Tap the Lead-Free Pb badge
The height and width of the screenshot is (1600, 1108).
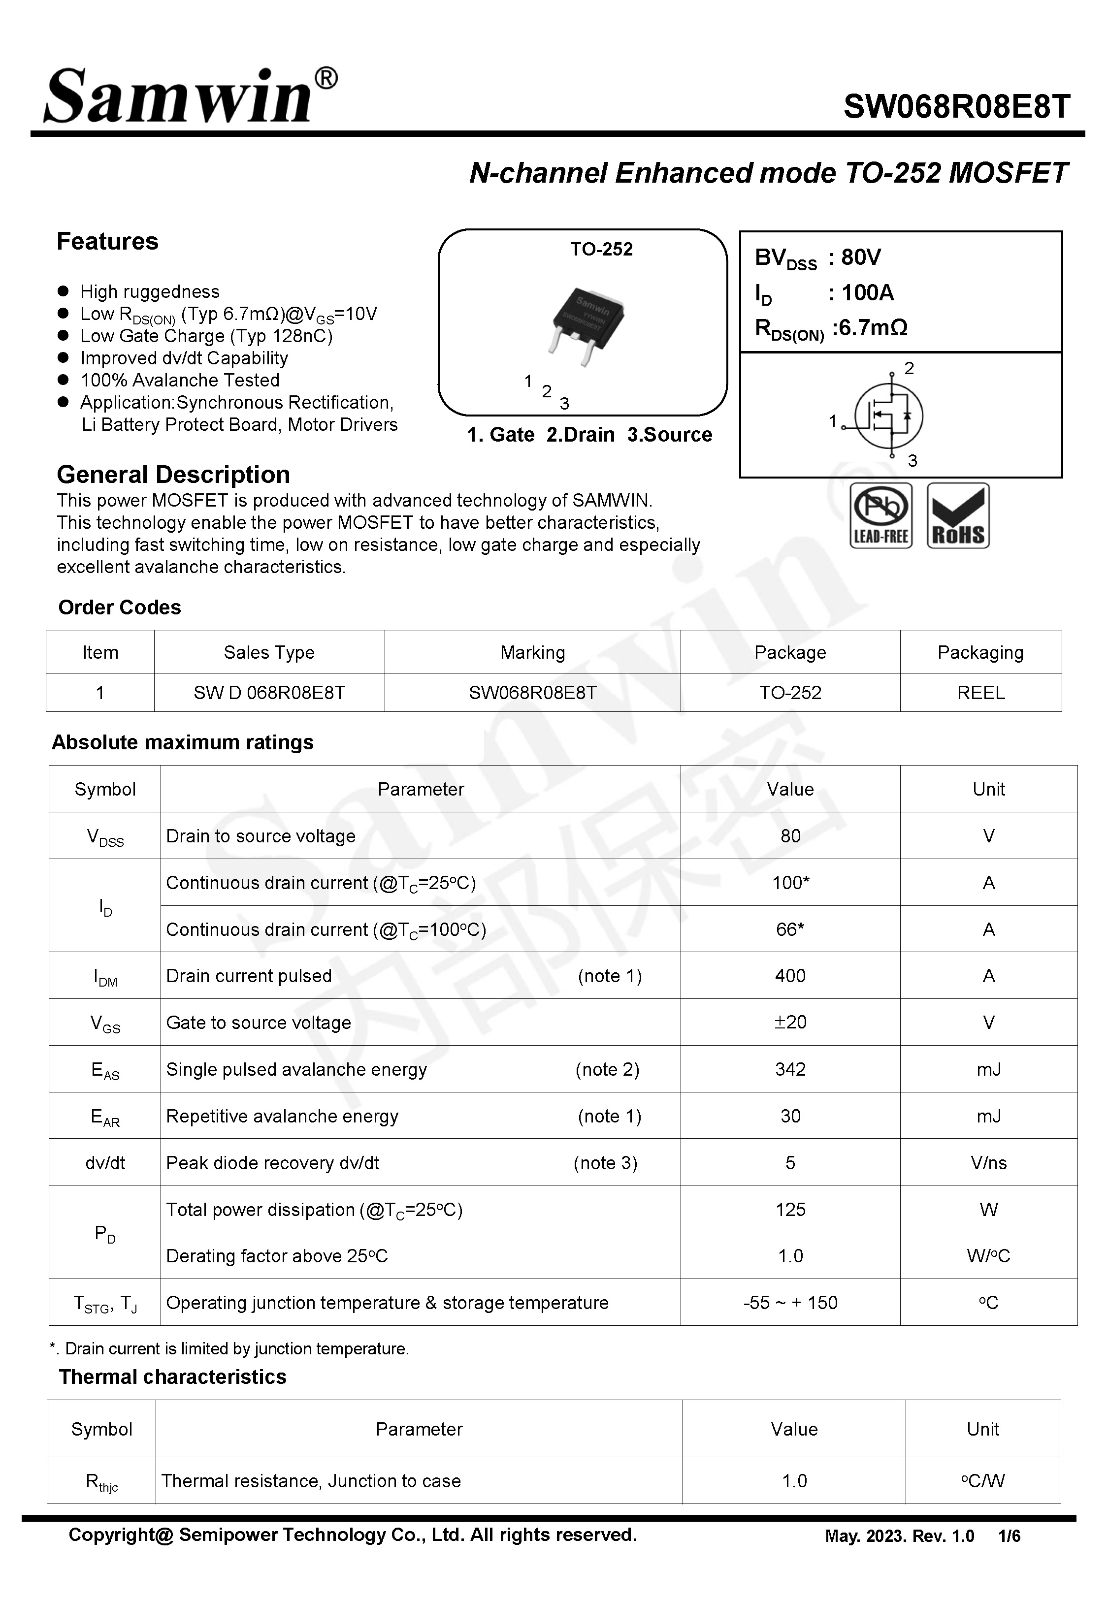click(880, 515)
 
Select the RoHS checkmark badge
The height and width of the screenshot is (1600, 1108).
click(957, 515)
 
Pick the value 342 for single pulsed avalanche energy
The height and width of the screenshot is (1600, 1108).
click(789, 1069)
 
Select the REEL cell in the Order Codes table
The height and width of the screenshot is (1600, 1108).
click(980, 693)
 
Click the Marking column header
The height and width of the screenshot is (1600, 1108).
click(532, 652)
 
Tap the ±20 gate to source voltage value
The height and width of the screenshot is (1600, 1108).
click(789, 1022)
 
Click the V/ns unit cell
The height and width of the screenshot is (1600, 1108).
click(988, 1163)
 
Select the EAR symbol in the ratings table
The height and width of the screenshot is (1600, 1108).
click(105, 1117)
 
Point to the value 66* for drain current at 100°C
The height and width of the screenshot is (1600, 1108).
click(789, 929)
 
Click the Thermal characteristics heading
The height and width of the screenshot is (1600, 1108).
click(172, 1376)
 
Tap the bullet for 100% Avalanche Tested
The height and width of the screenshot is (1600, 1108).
click(63, 380)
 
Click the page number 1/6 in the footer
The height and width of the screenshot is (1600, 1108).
click(1009, 1536)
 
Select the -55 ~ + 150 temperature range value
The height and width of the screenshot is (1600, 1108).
click(789, 1302)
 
